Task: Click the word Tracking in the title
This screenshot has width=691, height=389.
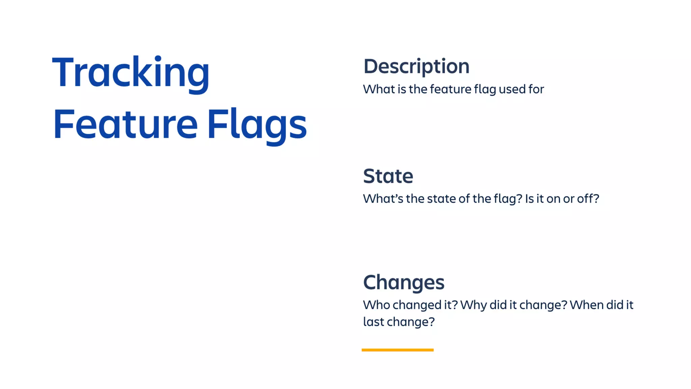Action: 131,73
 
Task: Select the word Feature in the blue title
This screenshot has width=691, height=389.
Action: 125,124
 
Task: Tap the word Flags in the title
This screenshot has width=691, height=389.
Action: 257,124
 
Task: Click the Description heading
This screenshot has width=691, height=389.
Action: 416,67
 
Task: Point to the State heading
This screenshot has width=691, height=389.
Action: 388,176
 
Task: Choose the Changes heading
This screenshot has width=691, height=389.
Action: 404,282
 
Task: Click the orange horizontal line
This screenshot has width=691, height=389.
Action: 397,350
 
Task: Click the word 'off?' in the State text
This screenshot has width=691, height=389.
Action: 588,199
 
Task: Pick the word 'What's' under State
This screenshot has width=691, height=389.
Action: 383,199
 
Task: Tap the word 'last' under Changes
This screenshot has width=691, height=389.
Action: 373,322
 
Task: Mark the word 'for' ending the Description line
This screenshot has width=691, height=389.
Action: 536,89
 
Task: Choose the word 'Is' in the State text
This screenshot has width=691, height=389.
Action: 529,199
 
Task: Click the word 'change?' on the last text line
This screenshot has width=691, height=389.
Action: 411,322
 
